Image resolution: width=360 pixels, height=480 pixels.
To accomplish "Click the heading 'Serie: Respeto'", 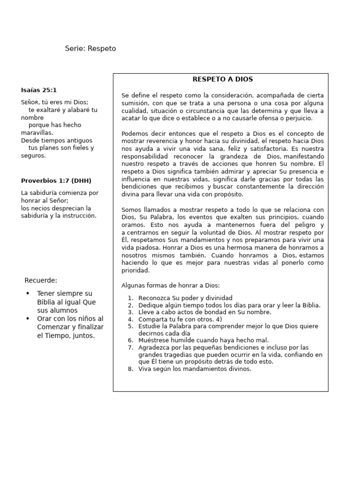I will [x=90, y=49].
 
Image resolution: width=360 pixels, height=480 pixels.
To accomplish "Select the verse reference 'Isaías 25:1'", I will [x=39, y=90].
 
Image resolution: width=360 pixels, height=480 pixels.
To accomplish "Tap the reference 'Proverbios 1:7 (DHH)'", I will [x=56, y=181].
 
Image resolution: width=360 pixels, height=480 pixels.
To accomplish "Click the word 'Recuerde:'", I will [x=41, y=281].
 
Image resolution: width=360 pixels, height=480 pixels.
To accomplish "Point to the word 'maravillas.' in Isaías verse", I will [x=37, y=133].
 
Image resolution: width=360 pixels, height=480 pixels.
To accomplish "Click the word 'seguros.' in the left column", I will [x=33, y=156].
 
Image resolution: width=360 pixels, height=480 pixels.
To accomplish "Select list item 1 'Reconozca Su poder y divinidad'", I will [x=185, y=298].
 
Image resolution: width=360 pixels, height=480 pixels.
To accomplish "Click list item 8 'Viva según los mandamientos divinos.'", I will [x=195, y=369].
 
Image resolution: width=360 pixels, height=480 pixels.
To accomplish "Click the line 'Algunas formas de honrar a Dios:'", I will [x=170, y=285].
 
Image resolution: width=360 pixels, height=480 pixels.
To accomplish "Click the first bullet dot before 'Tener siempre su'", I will [x=28, y=293].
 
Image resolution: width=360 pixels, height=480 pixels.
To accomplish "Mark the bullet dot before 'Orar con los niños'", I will [x=28, y=319].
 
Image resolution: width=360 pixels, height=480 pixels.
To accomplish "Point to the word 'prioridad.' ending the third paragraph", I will [x=135, y=270].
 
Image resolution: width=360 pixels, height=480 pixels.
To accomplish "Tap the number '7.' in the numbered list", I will [x=131, y=347].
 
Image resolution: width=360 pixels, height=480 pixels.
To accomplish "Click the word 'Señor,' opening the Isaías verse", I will [x=31, y=102].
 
